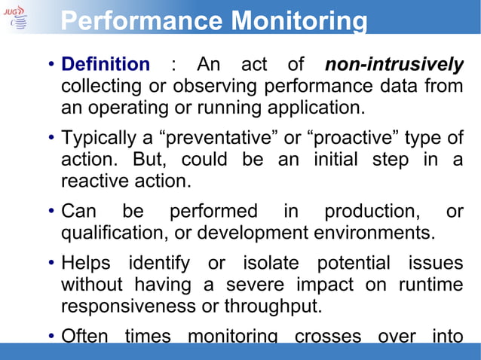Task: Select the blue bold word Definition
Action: pos(105,66)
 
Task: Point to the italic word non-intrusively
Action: pos(394,66)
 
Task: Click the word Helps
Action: pos(85,264)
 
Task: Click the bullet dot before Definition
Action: pos(50,66)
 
